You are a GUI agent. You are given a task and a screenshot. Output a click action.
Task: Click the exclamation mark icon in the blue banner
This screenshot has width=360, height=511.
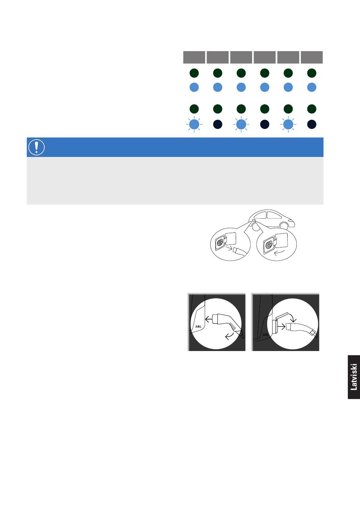click(36, 147)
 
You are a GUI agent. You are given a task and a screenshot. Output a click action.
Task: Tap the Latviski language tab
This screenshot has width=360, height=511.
click(354, 377)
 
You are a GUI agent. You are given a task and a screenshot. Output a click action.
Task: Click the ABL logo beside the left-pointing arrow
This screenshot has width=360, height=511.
click(198, 326)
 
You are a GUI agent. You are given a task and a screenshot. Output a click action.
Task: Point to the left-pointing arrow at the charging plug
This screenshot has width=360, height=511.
click(209, 319)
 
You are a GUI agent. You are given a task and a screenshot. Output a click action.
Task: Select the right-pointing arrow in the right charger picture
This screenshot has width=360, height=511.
click(282, 327)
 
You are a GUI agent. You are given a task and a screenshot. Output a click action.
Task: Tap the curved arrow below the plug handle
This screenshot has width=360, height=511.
click(229, 336)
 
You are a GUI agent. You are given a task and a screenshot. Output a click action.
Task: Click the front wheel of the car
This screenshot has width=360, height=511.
click(284, 226)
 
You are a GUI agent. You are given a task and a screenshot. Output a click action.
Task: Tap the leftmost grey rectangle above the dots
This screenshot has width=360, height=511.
click(194, 57)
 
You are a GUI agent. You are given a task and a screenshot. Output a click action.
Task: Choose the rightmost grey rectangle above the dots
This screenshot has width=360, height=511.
click(311, 57)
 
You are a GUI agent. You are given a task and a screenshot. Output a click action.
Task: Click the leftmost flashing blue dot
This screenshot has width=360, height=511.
click(194, 124)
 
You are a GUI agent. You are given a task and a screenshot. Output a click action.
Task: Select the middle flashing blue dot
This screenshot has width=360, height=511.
click(241, 124)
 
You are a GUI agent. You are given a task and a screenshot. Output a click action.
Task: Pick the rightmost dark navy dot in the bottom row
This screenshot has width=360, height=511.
click(311, 124)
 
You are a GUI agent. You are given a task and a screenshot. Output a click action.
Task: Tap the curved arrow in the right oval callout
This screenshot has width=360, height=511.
click(279, 252)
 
